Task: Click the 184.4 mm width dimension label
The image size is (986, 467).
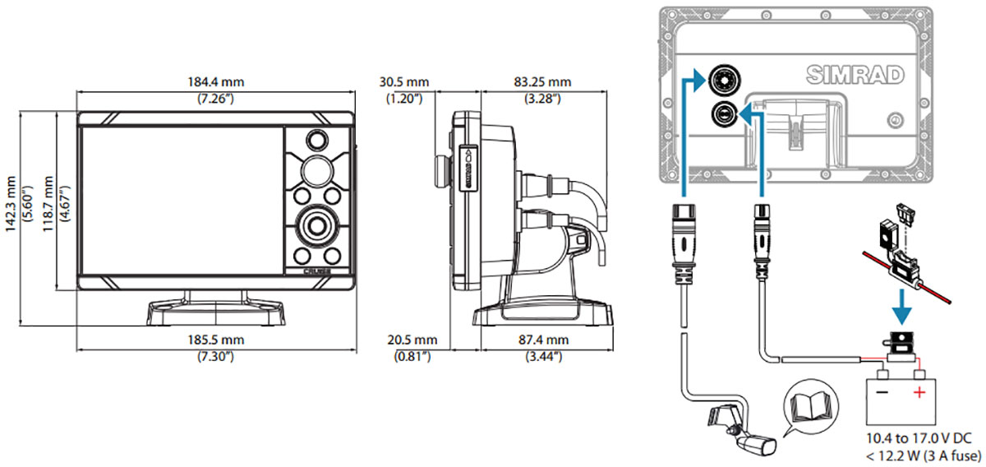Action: tap(215, 82)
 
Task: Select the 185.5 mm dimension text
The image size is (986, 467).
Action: tap(215, 340)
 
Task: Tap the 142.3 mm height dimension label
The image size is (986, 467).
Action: tap(11, 204)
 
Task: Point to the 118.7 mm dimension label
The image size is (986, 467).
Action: tap(48, 204)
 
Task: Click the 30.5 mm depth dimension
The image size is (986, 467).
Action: tap(404, 82)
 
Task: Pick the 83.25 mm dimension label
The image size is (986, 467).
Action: tap(542, 82)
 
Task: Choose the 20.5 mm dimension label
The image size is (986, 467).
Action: tap(412, 340)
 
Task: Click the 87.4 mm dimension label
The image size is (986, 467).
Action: tap(544, 340)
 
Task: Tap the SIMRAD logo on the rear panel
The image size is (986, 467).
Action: tap(855, 75)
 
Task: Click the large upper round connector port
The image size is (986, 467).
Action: tap(724, 81)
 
